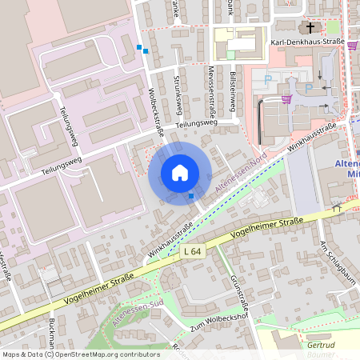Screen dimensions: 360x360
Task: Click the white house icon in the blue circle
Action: pyautogui.click(x=180, y=173)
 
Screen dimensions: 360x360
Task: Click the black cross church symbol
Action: pyautogui.click(x=310, y=26)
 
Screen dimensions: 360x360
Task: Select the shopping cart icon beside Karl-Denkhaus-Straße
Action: pyautogui.click(x=352, y=46)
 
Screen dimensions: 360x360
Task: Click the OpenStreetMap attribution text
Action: pyautogui.click(x=80, y=354)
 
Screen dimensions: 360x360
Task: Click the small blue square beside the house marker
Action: pyautogui.click(x=191, y=195)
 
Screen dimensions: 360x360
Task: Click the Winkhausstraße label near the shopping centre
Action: pyautogui.click(x=312, y=137)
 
